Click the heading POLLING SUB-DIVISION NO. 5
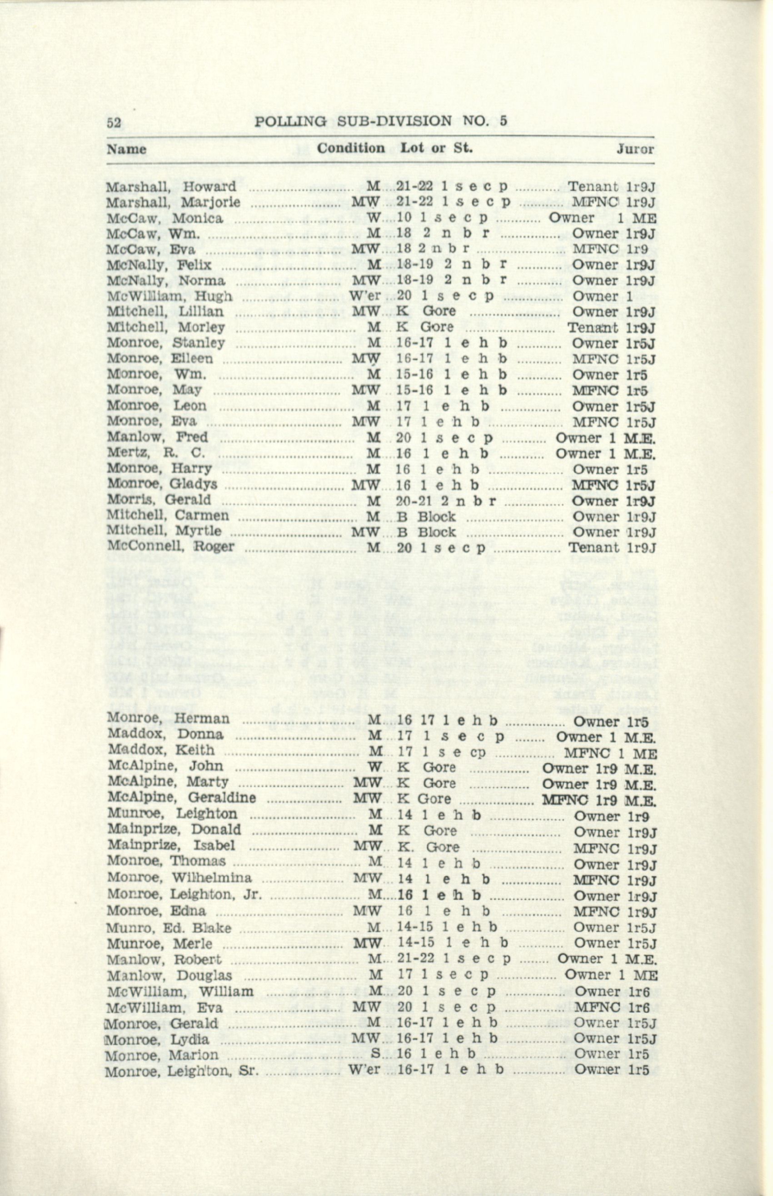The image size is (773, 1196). click(x=381, y=121)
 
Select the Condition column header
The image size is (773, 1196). click(x=351, y=148)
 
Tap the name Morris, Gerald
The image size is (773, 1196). click(x=159, y=501)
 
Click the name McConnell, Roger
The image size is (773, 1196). click(x=171, y=548)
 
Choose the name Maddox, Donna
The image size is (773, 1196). click(x=165, y=734)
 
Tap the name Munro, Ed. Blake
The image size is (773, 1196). click(x=169, y=928)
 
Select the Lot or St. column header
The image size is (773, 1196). click(x=436, y=148)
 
